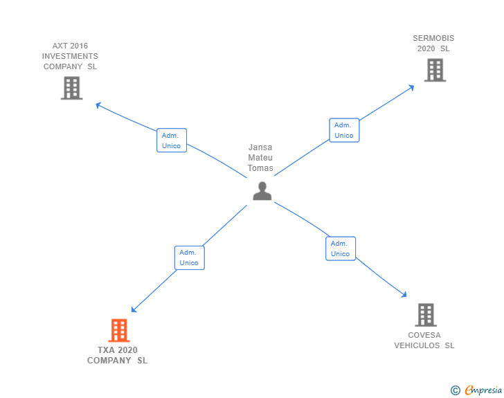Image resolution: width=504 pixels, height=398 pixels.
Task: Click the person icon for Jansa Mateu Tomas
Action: coord(262,191)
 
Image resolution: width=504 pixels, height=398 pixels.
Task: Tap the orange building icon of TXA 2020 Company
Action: coord(119,330)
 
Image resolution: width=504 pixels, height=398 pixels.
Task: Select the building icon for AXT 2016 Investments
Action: coord(71,88)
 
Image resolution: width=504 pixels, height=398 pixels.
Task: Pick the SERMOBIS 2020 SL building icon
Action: coord(435,70)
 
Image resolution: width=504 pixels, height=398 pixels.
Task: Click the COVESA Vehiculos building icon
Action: coord(426,315)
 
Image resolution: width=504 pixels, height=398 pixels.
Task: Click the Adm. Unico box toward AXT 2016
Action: coord(171,141)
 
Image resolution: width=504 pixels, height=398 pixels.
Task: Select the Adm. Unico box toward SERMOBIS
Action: coord(344,130)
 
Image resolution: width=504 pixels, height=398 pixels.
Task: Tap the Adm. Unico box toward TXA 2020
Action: coord(189,257)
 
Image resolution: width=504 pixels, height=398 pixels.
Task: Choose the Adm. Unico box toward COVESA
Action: coord(340,248)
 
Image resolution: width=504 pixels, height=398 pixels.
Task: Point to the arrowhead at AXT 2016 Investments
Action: coord(98,105)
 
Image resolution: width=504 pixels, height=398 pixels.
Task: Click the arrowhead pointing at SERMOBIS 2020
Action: coord(411,87)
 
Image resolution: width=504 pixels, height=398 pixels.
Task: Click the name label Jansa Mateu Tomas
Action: coord(260,158)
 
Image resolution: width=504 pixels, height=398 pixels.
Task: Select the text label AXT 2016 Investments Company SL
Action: coord(70,56)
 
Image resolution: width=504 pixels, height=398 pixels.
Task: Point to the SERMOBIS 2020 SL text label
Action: coord(433,44)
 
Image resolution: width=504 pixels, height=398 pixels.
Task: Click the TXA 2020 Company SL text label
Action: coord(118,355)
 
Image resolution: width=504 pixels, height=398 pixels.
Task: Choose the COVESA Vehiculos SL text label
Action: coord(424,341)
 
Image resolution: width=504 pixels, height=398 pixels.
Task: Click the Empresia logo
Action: coord(483,390)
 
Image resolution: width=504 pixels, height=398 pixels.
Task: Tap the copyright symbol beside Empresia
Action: coord(455,390)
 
